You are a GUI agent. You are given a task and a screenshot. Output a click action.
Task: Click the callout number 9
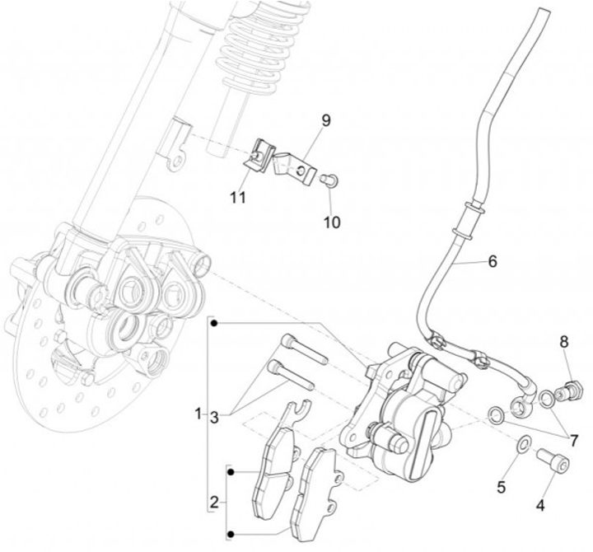coord(325,121)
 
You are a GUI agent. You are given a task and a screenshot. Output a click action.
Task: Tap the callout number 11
coord(238,199)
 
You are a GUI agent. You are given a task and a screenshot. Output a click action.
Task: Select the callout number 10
coord(330,222)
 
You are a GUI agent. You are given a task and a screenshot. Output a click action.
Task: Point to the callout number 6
coord(492,262)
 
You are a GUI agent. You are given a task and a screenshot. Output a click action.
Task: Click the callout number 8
coord(564,342)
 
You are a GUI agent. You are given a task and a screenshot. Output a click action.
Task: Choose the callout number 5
coord(501,486)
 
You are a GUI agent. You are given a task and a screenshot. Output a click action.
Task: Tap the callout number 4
coord(541,503)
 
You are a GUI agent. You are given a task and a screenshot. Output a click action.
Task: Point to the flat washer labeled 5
coord(522,446)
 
